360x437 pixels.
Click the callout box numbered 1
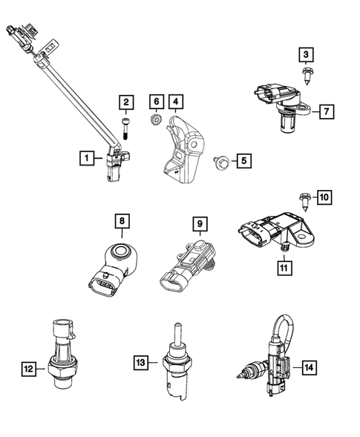coord(88,157)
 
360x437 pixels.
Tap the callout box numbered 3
coord(307,53)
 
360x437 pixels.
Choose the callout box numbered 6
coord(155,101)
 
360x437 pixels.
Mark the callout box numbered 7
coord(324,112)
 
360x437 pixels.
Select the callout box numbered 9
coord(199,221)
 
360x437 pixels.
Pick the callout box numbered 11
coord(284,265)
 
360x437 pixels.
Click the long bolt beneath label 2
coord(128,128)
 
